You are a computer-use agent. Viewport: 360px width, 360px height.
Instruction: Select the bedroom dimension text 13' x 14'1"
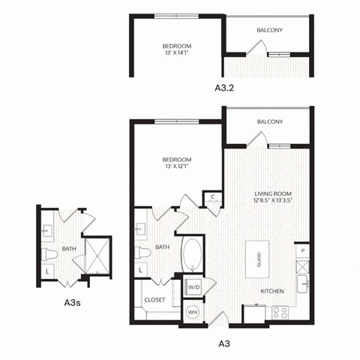(177, 54)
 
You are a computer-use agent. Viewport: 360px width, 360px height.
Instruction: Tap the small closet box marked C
(213, 197)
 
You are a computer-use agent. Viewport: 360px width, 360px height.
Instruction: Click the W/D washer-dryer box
(193, 286)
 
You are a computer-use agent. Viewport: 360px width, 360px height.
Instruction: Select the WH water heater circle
(193, 312)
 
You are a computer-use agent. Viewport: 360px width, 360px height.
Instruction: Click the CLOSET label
(154, 299)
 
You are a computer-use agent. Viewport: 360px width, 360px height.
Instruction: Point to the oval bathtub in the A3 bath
(193, 256)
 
